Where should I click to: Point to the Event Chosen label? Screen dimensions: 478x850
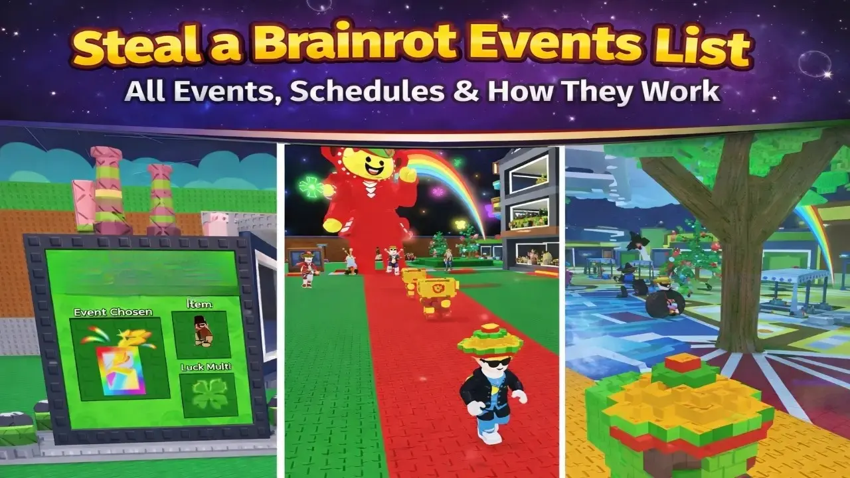113,312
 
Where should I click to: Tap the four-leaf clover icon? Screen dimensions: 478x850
208,394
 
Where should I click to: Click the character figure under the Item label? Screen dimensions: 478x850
201,332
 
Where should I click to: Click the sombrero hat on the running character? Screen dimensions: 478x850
491,339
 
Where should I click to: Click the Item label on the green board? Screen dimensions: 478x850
199,304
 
